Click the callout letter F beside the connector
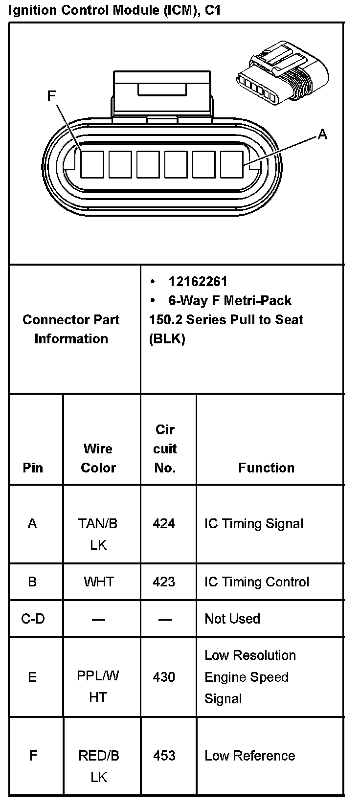(51, 96)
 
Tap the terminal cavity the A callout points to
(232, 164)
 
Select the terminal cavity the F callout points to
(92, 164)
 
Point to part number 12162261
(198, 281)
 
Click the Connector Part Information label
(71, 329)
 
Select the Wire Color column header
(98, 458)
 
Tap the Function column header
(266, 468)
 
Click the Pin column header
(33, 468)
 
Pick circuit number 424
(164, 524)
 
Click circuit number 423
(164, 582)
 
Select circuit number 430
(164, 677)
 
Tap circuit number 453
(164, 756)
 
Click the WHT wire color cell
(99, 582)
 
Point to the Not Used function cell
(232, 619)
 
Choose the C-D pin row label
(33, 619)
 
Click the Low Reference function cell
(249, 756)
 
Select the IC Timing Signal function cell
(254, 524)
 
